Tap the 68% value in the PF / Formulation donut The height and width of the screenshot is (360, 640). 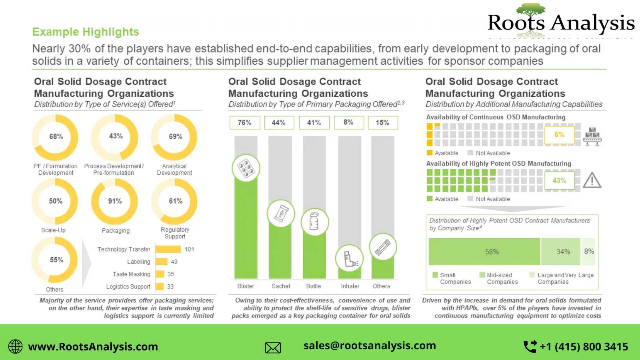tap(56, 136)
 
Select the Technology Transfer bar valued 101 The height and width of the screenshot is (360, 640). tap(168, 249)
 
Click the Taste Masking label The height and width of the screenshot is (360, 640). tap(131, 274)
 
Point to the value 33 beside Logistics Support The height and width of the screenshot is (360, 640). tap(170, 286)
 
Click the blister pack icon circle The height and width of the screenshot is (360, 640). tap(246, 168)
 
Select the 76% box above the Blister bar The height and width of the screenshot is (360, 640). tap(245, 122)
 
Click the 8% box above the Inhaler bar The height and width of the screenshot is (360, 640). tap(348, 122)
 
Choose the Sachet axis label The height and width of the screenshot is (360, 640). tap(281, 286)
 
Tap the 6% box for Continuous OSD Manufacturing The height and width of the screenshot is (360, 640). tap(559, 135)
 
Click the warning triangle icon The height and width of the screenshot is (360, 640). tap(592, 180)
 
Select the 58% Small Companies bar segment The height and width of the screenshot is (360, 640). tap(484, 252)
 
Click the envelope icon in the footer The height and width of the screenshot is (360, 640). tap(273, 347)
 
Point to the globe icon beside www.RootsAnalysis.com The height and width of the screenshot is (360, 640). tap(16, 346)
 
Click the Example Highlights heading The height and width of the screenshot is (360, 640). tap(86, 32)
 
